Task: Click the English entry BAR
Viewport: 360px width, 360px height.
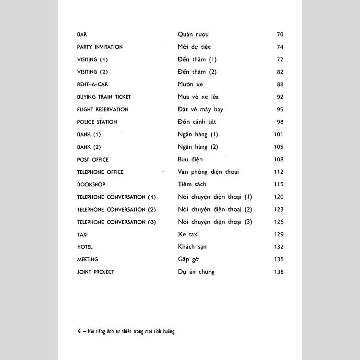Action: click(x=82, y=35)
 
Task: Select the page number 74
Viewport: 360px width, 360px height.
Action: click(x=280, y=47)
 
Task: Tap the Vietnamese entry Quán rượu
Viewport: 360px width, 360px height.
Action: click(x=193, y=35)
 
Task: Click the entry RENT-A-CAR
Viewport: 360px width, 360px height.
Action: click(x=93, y=84)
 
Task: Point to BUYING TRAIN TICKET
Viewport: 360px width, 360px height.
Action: click(x=104, y=97)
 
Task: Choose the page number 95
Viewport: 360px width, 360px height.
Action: click(x=280, y=109)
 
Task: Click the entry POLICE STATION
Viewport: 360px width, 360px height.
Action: click(x=97, y=122)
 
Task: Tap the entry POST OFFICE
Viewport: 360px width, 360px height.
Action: click(x=93, y=159)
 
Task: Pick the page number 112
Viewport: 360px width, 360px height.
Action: click(x=278, y=172)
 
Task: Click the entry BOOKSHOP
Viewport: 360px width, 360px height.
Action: click(x=91, y=184)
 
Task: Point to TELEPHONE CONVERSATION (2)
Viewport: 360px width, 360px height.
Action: click(x=116, y=209)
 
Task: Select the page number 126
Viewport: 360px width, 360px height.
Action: click(x=278, y=222)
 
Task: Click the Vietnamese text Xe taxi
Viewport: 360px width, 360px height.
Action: click(x=188, y=234)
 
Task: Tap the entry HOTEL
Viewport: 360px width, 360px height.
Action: click(x=84, y=247)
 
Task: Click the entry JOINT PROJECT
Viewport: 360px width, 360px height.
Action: click(x=96, y=272)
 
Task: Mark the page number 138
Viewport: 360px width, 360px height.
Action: click(x=278, y=272)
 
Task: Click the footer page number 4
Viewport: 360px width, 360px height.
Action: click(x=79, y=331)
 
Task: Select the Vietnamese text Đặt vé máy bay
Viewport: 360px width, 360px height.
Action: click(x=200, y=109)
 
